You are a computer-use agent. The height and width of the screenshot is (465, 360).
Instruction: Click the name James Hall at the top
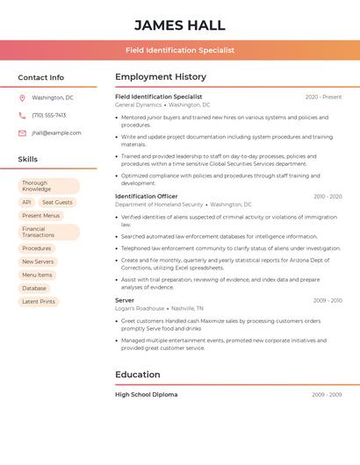[x=180, y=25]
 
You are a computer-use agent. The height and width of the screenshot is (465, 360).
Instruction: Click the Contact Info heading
[x=40, y=77]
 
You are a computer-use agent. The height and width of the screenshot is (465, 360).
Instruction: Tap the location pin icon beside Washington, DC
[x=22, y=98]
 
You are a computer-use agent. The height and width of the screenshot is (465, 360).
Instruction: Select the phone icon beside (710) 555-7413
[x=22, y=116]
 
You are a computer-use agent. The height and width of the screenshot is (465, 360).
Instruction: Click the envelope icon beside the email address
[x=22, y=133]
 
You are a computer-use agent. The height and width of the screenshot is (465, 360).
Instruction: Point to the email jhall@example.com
[x=56, y=133]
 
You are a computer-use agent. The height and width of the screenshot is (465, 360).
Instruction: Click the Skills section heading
[x=28, y=160]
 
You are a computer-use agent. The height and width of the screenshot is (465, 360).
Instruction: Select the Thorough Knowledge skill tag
[x=48, y=186]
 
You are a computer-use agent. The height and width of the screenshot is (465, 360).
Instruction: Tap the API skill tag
[x=26, y=203]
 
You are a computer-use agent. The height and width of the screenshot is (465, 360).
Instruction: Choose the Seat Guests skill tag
[x=57, y=203]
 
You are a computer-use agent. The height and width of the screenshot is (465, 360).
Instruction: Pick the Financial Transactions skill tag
[x=48, y=232]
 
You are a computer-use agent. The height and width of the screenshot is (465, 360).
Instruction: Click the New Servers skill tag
[x=38, y=261]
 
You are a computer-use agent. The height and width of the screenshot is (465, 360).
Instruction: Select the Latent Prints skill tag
[x=39, y=302]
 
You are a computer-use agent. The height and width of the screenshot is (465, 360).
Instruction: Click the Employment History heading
[x=161, y=77]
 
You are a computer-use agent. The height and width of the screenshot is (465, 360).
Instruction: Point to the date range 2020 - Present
[x=323, y=97]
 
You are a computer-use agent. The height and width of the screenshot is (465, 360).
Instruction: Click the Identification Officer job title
[x=147, y=197]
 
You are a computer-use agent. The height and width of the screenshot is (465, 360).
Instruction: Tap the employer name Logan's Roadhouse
[x=140, y=309]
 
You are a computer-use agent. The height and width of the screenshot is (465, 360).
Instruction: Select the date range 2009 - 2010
[x=328, y=300]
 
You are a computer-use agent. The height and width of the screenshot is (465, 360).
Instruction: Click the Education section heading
[x=138, y=375]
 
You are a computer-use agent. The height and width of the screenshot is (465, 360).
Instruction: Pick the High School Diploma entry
[x=147, y=395]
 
